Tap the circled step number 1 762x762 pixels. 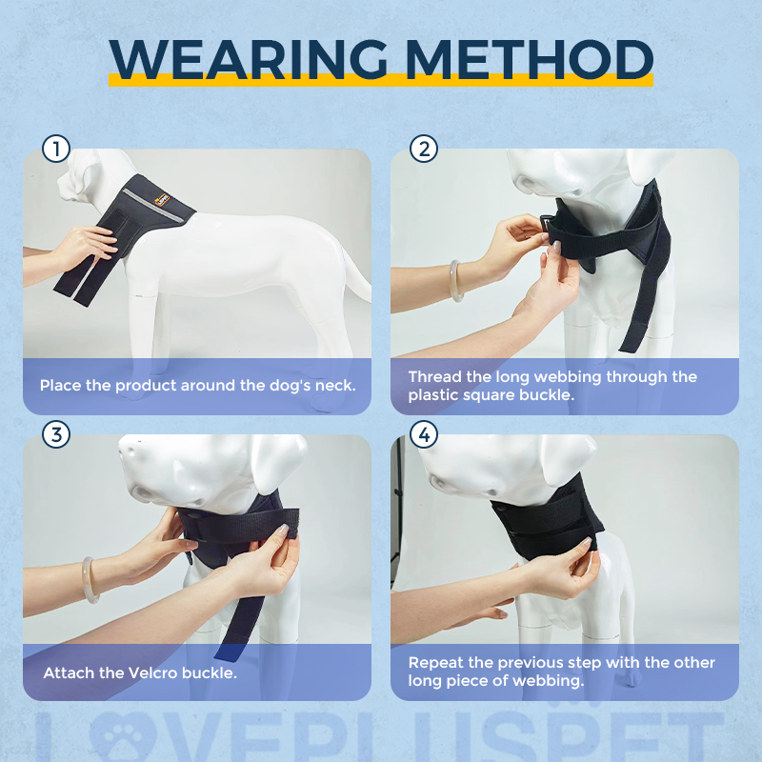click(57, 150)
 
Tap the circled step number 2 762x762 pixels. click(424, 150)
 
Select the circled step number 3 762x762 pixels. click(57, 435)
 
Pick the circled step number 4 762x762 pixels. click(424, 435)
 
